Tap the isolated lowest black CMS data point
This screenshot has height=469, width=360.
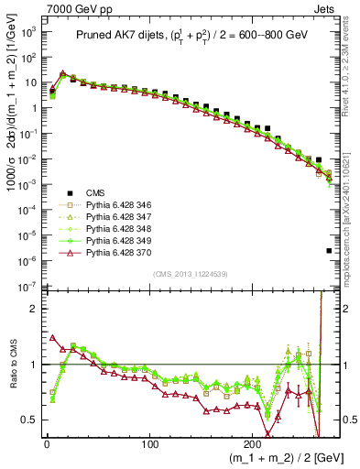click(x=329, y=250)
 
